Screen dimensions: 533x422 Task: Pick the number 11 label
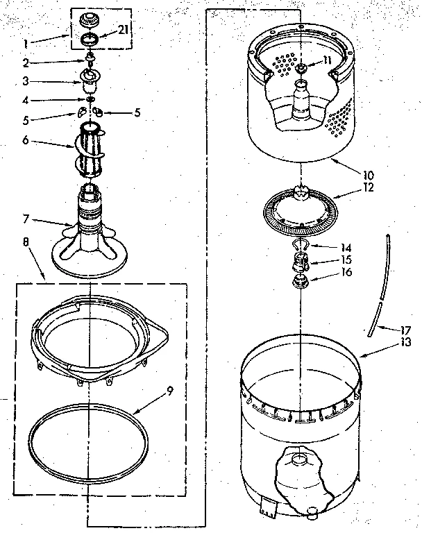point(327,60)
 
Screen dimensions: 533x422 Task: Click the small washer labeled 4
point(90,99)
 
